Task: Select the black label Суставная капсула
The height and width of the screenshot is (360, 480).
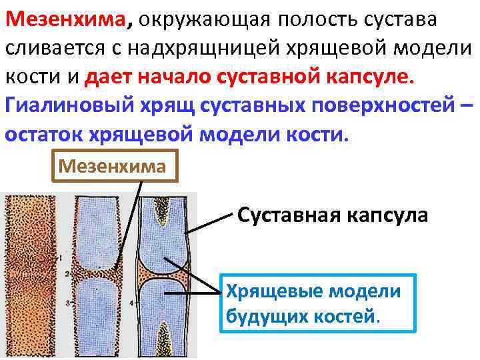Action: pos(333,216)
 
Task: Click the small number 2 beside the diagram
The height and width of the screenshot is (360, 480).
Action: pos(68,273)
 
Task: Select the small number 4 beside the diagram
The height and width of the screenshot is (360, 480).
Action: pos(131,302)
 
